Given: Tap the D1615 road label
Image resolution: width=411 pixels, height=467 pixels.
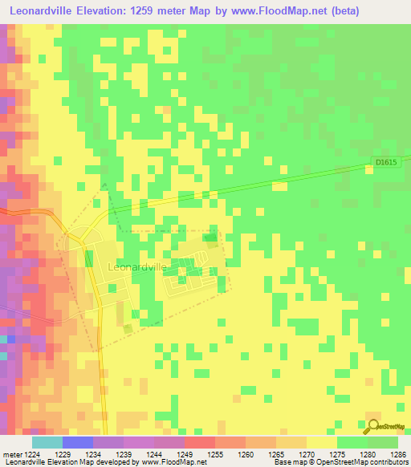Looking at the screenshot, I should (x=387, y=163).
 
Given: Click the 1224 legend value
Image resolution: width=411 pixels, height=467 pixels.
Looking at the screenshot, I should (x=32, y=454).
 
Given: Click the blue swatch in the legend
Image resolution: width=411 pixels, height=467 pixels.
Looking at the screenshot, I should (x=77, y=442).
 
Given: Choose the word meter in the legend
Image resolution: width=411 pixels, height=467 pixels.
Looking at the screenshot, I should (x=11, y=454).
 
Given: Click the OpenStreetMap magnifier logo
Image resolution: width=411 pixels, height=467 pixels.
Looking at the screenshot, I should (x=372, y=427).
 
